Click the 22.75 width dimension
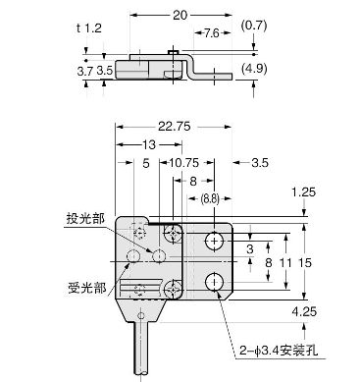[174, 126]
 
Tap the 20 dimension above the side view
[180, 15]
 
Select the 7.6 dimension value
[212, 33]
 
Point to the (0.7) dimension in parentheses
[254, 26]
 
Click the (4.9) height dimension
[254, 69]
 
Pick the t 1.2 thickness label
[89, 28]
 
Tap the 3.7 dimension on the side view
[85, 71]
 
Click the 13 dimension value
[149, 144]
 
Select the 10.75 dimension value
[184, 162]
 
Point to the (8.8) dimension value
[210, 198]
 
